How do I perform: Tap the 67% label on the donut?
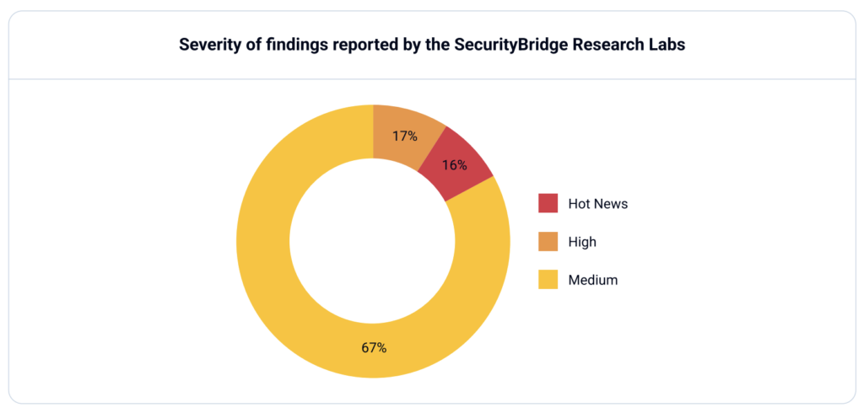click(x=374, y=347)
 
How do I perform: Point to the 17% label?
click(x=405, y=136)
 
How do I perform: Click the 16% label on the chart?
click(x=455, y=165)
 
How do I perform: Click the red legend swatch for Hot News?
click(x=548, y=203)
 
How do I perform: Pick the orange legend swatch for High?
click(x=548, y=242)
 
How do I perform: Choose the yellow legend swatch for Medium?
click(x=548, y=280)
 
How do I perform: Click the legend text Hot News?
click(x=597, y=203)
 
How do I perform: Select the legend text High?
click(x=582, y=242)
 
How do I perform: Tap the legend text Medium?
click(x=593, y=280)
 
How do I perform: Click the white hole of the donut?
click(x=373, y=241)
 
